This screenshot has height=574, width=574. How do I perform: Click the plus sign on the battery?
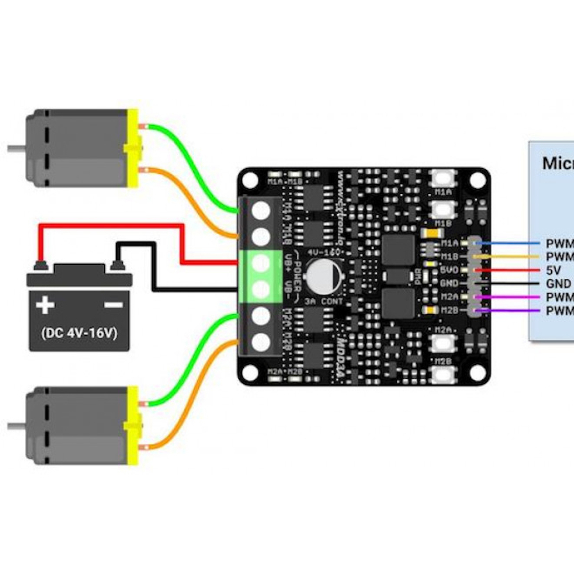(46, 304)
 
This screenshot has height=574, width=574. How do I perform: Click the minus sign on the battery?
(112, 304)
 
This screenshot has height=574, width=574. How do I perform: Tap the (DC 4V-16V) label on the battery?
(79, 334)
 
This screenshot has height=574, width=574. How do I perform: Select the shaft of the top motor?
(16, 149)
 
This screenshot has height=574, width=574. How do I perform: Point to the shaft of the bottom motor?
(16, 425)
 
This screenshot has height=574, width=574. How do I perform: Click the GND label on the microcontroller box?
(558, 284)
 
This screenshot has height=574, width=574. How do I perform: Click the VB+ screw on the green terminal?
(261, 263)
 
